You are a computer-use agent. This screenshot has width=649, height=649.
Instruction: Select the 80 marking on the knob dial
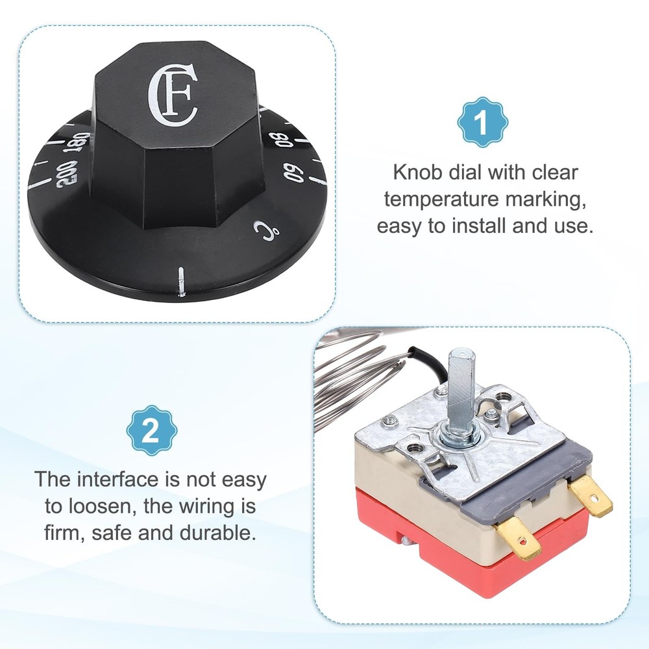tap(277, 139)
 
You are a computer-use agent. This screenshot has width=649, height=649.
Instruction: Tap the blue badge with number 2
tap(151, 430)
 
